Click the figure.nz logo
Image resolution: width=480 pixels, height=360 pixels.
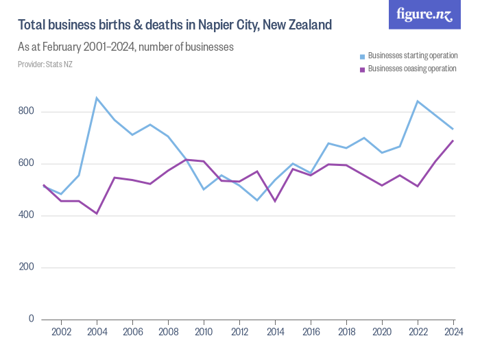pos(424,14)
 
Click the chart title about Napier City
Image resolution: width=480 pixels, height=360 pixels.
pos(175,25)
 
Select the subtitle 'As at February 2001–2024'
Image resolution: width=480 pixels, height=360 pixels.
pos(125,47)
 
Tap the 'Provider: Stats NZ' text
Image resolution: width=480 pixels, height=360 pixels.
pos(45,64)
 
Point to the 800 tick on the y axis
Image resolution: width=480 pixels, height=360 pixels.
pos(25,112)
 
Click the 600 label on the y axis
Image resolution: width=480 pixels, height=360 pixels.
pos(25,164)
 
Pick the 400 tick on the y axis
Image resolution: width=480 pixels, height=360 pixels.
pos(25,216)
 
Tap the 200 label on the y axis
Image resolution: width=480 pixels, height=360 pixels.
pos(25,267)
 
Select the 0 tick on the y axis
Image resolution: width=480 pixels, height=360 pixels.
pos(31,319)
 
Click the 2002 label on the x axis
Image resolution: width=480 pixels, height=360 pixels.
pos(62,332)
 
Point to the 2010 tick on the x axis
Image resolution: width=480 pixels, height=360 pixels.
pos(204,332)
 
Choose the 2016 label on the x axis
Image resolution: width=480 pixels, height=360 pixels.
pos(311,332)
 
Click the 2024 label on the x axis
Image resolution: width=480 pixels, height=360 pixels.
pos(452,332)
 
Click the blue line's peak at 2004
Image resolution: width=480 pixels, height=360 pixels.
pos(97,98)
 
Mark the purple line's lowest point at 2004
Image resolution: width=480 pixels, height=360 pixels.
pos(97,213)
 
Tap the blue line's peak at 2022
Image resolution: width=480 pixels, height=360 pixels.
pos(418,101)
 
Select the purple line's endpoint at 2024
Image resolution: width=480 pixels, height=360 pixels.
pos(453,141)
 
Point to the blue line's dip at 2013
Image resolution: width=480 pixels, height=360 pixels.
pos(257,200)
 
